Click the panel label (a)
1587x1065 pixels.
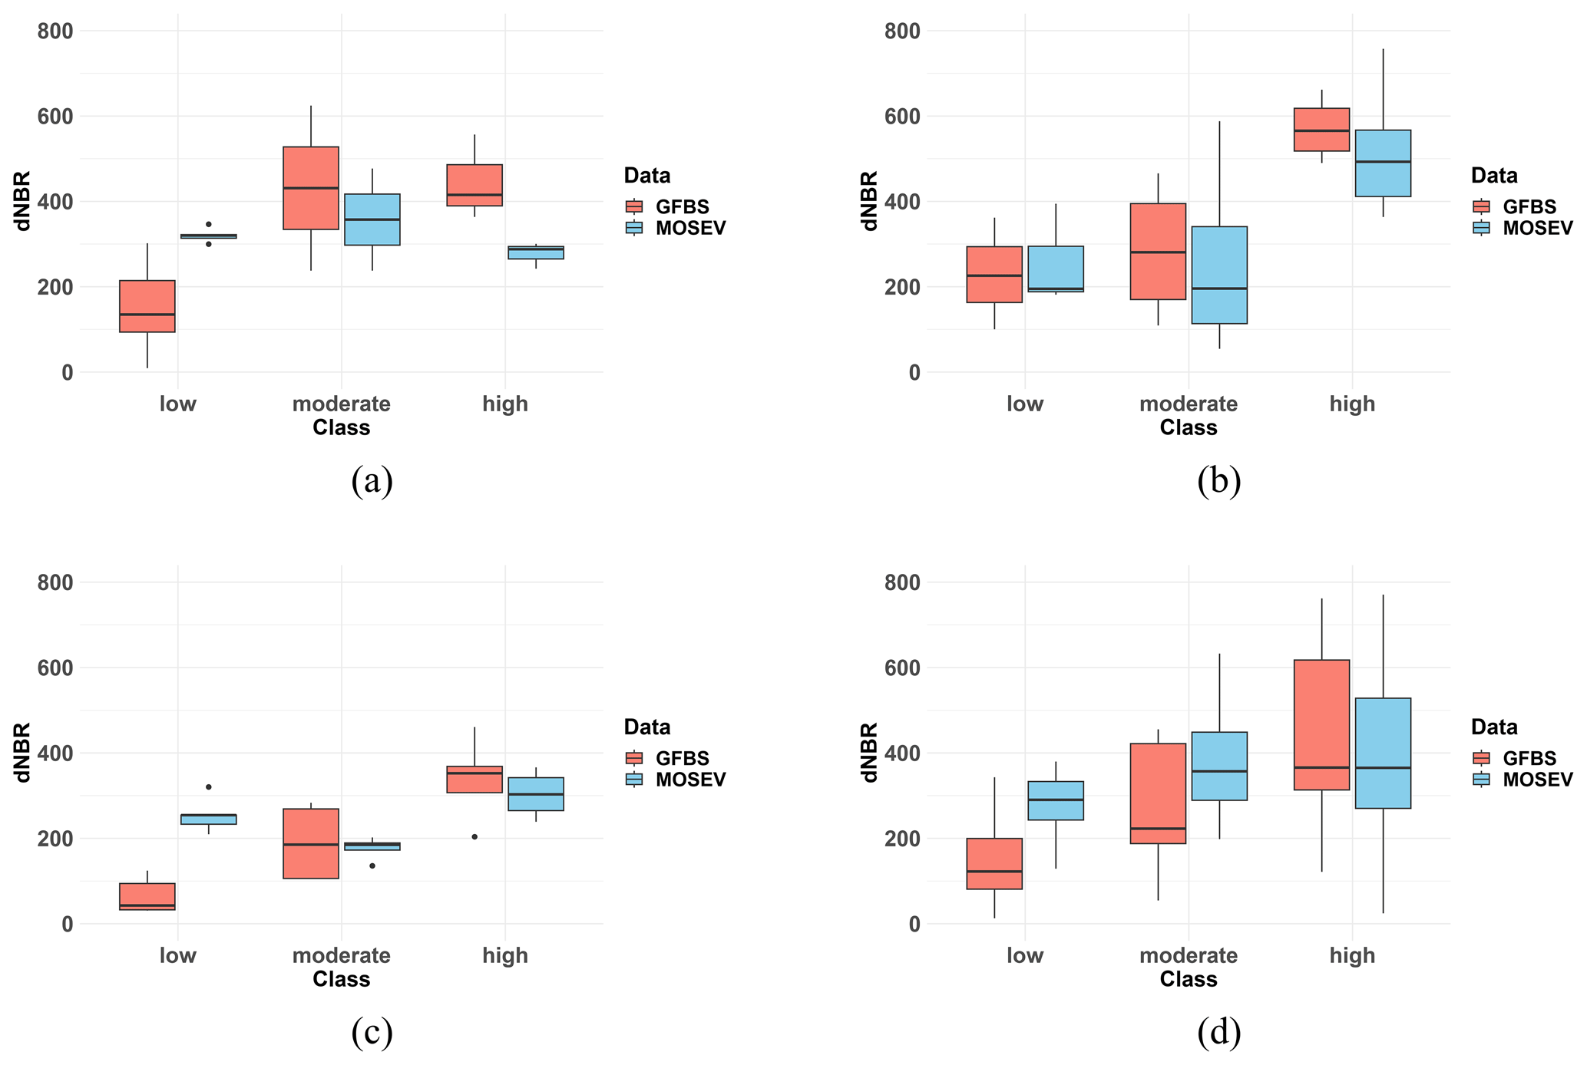point(372,481)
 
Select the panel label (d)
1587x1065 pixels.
point(1218,1033)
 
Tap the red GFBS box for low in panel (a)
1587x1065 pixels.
point(147,306)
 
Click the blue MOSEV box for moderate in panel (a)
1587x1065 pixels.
point(372,219)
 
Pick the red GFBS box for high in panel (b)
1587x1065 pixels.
point(1321,130)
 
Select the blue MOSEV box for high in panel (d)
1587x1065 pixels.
point(1383,753)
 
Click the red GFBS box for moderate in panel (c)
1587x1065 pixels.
point(311,843)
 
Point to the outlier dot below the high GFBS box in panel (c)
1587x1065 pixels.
point(474,836)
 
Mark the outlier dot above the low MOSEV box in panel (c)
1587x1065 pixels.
point(209,786)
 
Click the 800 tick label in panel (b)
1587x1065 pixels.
point(903,31)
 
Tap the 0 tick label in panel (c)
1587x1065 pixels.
point(68,925)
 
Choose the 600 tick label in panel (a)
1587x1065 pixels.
point(56,117)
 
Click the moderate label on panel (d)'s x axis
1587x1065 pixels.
point(1189,955)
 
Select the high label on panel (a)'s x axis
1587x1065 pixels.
point(505,404)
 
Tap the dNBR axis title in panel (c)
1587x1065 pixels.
point(23,752)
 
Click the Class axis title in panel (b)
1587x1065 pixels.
point(1189,428)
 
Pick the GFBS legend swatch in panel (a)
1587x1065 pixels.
point(634,206)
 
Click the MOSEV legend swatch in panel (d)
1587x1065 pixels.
point(1481,779)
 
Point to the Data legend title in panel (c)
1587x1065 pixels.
point(647,727)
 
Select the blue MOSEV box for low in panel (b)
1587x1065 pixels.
point(1056,269)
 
